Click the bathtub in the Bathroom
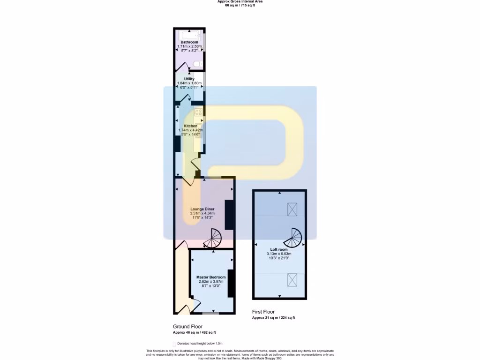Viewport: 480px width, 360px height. click(189, 35)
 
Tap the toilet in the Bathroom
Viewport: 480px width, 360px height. click(199, 64)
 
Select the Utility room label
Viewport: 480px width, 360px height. click(189, 79)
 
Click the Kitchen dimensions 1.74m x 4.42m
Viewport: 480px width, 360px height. click(191, 130)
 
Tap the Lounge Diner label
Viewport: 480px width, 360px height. click(202, 209)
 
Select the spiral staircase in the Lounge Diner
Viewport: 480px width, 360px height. click(214, 238)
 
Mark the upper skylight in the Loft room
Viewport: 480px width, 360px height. click(292, 208)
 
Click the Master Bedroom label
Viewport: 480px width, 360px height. click(210, 277)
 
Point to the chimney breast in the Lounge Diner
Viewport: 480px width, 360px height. click(230, 215)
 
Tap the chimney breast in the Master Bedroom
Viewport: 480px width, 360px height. click(231, 283)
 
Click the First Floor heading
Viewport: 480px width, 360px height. click(263, 312)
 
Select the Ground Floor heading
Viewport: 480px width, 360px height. click(188, 327)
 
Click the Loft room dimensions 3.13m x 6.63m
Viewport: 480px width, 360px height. click(279, 254)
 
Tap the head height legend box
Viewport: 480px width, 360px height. click(174, 344)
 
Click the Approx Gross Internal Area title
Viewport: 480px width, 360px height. click(240, 1)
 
